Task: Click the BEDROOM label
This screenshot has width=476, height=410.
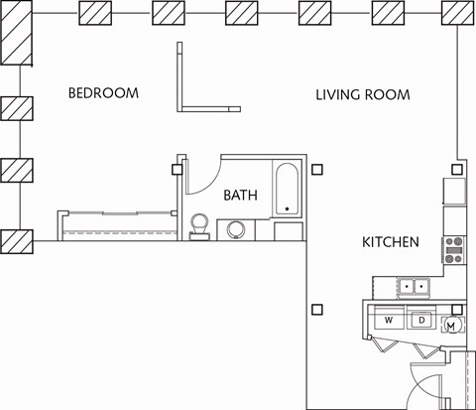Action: coord(103,93)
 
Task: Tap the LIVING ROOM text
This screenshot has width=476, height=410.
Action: coord(363,95)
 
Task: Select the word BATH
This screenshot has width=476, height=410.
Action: coord(240,196)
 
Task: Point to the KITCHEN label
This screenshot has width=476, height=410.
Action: coord(390,242)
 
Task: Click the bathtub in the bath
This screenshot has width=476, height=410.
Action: coord(287,189)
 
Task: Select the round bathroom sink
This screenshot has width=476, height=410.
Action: coord(238,230)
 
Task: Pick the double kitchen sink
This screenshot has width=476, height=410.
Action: coord(414,287)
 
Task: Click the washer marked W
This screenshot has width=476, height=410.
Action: coord(389,320)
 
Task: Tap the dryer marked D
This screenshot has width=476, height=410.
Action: coord(420,320)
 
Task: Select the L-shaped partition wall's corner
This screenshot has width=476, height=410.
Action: coord(181,108)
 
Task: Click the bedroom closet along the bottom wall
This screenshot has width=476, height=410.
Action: coord(119,223)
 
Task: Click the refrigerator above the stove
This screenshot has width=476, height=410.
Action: coord(454,189)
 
